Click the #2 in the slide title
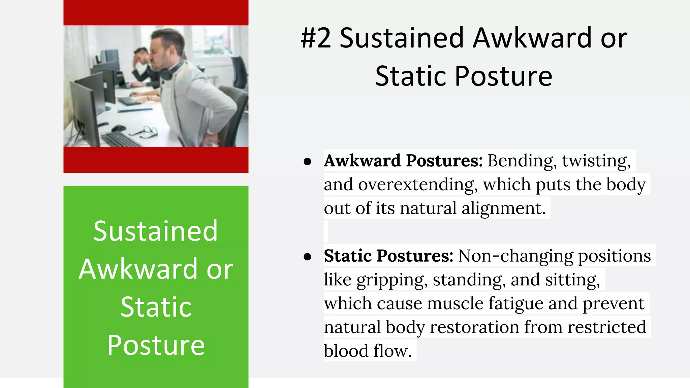(316, 38)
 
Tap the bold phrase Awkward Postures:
(403, 161)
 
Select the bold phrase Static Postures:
(388, 256)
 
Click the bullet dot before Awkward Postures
(307, 162)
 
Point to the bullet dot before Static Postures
(307, 257)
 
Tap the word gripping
(392, 280)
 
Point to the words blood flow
(368, 351)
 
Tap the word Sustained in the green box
(155, 231)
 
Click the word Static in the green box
(156, 307)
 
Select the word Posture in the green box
(156, 345)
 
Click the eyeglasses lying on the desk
(147, 132)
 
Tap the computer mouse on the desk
(119, 128)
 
